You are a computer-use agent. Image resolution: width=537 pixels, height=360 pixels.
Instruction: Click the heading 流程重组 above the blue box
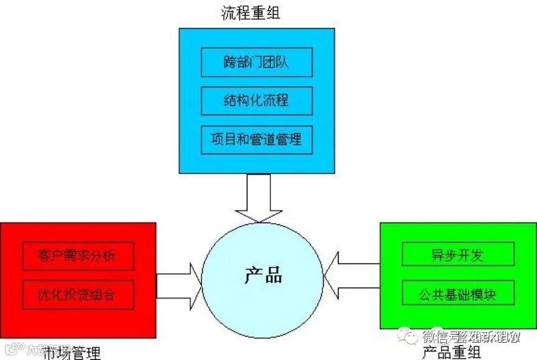tap(251, 13)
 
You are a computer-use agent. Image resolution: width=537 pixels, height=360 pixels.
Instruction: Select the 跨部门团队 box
tap(256, 62)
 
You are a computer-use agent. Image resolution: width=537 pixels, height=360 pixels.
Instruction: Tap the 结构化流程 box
tap(256, 100)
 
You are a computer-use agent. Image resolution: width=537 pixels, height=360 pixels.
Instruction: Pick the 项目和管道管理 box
tap(256, 139)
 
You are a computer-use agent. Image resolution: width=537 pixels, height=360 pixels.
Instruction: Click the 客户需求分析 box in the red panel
tap(78, 255)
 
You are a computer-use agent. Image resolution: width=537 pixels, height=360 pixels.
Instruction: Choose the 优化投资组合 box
tap(78, 294)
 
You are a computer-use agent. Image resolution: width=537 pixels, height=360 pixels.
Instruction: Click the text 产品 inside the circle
tap(263, 274)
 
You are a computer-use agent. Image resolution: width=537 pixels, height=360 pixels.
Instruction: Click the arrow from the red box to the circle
tap(179, 284)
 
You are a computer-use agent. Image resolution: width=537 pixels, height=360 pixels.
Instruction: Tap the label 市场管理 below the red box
tap(71, 353)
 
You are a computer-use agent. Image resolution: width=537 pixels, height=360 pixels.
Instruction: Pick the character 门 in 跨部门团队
tap(256, 62)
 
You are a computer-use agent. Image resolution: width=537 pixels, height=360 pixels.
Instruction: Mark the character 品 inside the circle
tap(273, 274)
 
